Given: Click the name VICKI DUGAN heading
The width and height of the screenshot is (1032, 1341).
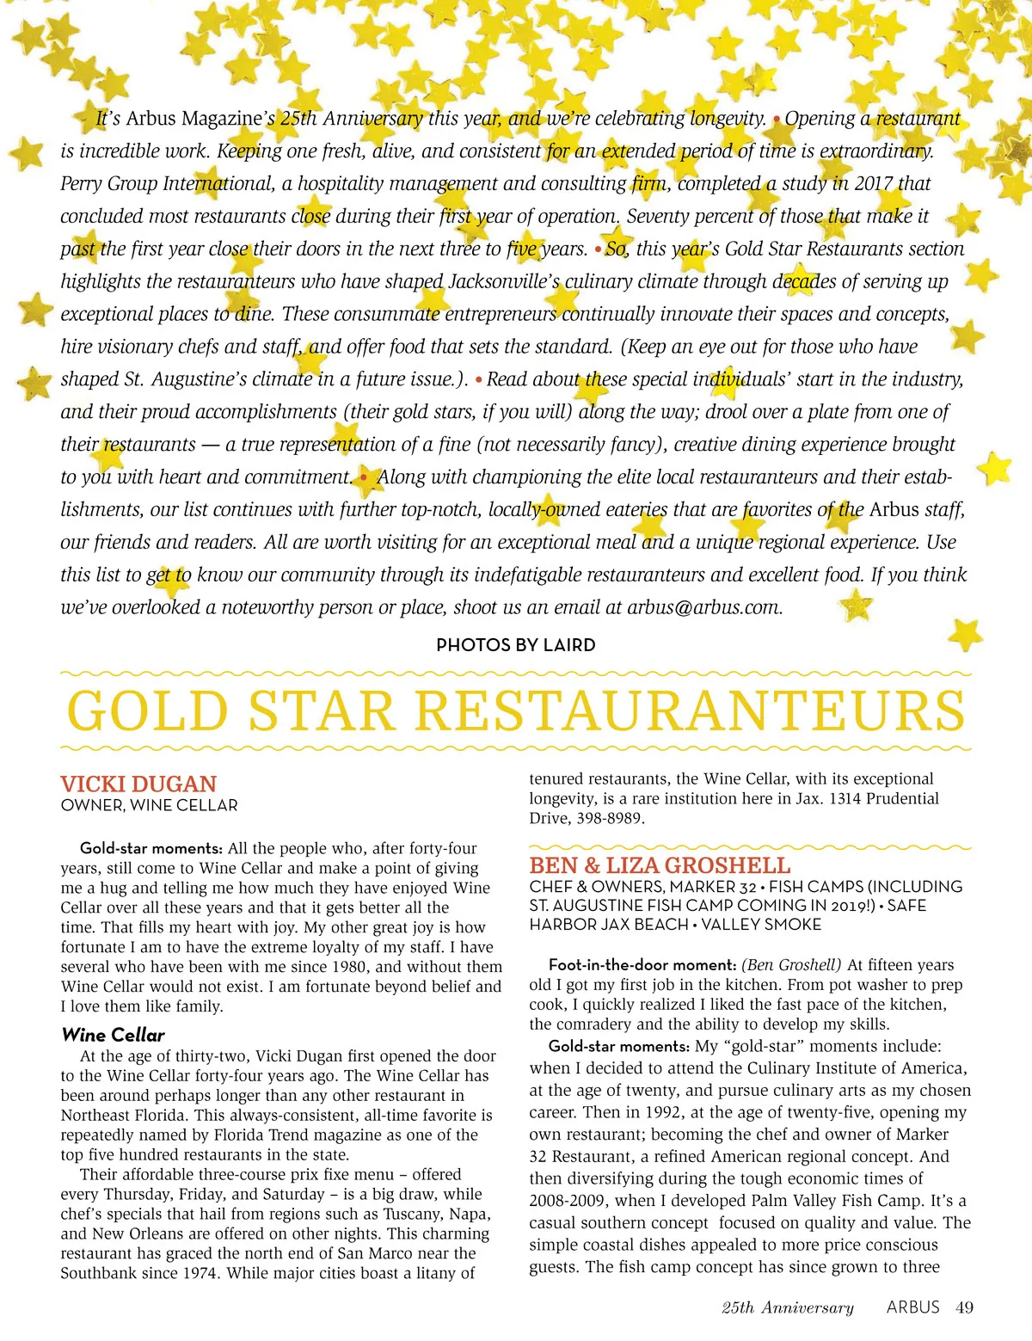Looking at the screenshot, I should tap(138, 784).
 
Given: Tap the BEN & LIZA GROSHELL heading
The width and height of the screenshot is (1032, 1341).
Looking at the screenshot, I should tap(660, 865).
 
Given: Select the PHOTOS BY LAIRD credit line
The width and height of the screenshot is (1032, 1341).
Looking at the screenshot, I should tap(515, 645).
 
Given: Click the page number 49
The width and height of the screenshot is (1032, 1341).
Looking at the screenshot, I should tap(965, 1307).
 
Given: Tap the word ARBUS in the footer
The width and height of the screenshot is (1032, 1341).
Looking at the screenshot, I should tap(912, 1307).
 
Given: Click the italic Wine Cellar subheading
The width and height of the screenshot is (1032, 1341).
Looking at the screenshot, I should tap(113, 1035).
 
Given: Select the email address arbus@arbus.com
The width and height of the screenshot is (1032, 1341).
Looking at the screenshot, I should tap(703, 607).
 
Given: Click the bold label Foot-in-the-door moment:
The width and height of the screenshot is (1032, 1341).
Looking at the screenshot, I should tap(642, 965).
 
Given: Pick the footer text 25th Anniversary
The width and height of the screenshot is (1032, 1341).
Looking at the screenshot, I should tap(787, 1308).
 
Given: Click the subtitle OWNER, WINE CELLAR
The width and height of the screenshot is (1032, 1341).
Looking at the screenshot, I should tap(150, 806).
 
